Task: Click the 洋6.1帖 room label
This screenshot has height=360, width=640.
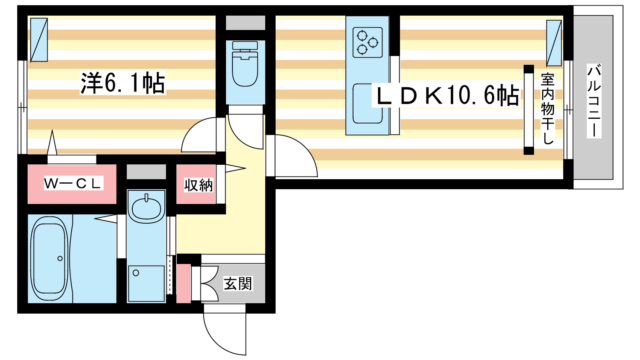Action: tap(123, 83)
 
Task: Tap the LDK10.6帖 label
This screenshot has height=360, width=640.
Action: tap(446, 96)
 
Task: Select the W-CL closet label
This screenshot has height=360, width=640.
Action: tap(73, 183)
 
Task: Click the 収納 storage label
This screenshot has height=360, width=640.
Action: tap(198, 185)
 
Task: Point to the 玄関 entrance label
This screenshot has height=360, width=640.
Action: tap(238, 284)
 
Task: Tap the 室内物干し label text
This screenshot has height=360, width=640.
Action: tap(547, 108)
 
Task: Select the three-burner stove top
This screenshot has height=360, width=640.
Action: tap(368, 42)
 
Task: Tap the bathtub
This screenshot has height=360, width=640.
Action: tap(49, 258)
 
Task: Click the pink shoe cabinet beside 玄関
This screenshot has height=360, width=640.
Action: tap(184, 283)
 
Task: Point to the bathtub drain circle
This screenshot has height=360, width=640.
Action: tap(60, 258)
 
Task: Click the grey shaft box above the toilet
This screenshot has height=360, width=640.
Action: tap(245, 23)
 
